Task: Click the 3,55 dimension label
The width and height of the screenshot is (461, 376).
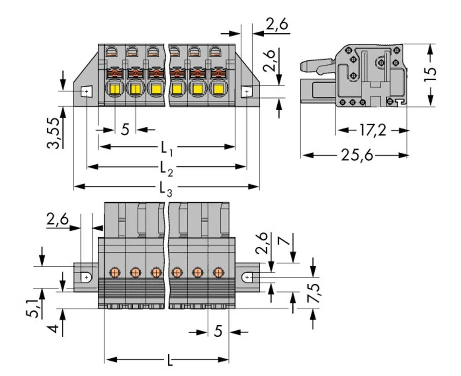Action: pyautogui.click(x=55, y=134)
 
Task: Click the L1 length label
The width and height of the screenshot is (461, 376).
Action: pyautogui.click(x=166, y=148)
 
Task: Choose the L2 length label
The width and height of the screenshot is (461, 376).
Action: pyautogui.click(x=166, y=167)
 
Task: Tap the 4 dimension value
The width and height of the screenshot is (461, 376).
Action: pyautogui.click(x=54, y=329)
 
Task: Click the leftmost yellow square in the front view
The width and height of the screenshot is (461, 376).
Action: pyautogui.click(x=114, y=89)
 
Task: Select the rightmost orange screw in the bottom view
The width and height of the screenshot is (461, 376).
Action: pyautogui.click(x=217, y=272)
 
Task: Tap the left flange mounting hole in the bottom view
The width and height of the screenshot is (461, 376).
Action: pyautogui.click(x=86, y=277)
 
